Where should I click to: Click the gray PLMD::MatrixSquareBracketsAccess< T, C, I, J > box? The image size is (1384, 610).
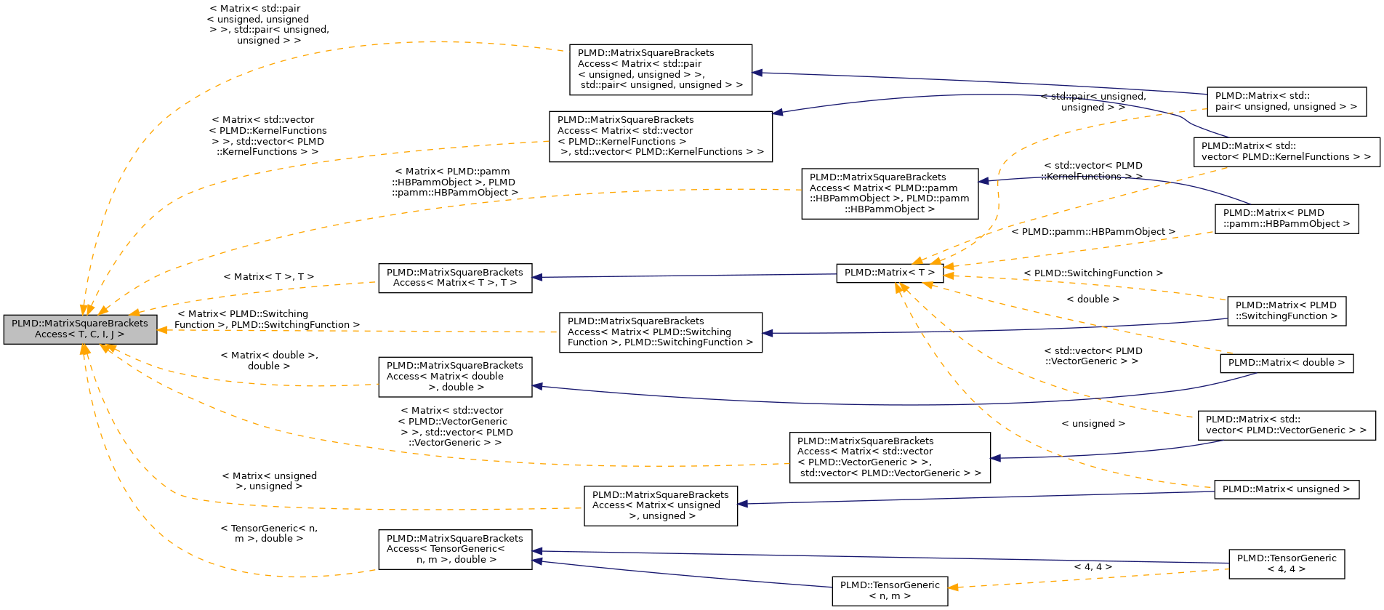(x=80, y=329)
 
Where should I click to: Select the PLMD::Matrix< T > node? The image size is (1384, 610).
(x=890, y=273)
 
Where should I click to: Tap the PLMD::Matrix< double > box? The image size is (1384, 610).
(x=1286, y=363)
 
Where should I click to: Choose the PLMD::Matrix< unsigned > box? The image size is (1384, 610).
(x=1286, y=489)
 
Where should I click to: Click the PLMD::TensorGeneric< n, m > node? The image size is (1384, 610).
(x=890, y=590)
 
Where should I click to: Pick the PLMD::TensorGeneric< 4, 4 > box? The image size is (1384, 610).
(x=1286, y=563)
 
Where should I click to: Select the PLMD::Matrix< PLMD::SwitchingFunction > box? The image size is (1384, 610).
(x=1286, y=310)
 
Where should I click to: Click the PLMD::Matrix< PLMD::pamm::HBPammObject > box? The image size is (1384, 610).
(x=1286, y=218)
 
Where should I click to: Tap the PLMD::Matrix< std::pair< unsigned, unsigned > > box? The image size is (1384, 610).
(x=1286, y=101)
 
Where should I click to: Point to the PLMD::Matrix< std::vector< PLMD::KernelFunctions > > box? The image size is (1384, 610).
(x=1286, y=151)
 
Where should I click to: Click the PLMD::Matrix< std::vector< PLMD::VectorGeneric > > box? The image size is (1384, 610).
(x=1286, y=425)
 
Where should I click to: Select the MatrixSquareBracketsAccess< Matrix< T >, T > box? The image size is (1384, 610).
(x=455, y=278)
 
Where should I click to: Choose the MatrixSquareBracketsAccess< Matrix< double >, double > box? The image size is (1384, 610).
(x=455, y=377)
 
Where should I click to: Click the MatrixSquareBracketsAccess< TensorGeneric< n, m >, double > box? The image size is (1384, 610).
(x=455, y=549)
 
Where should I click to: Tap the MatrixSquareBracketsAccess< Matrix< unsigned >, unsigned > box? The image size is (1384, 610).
(x=660, y=505)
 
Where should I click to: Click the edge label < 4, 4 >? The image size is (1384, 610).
(x=1093, y=567)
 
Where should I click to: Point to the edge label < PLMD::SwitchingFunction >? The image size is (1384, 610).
(x=1093, y=273)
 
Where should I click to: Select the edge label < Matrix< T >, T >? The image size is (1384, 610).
(x=268, y=277)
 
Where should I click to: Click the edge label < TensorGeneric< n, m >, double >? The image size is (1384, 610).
(x=268, y=533)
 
